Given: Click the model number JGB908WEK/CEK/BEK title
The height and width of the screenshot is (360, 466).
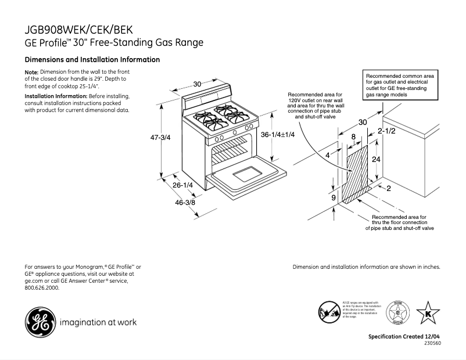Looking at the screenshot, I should coord(82,30).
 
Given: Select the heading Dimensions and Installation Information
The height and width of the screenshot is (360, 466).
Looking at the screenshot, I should coord(92,60).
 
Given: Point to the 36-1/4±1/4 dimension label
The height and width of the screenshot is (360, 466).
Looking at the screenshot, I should coord(278,135).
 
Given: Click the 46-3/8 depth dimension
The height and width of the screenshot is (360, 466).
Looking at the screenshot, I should coord(186,203).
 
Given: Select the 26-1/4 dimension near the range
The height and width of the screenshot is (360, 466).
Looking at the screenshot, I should coord(183,185).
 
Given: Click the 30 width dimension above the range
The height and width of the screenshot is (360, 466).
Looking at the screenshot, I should coord(197,84).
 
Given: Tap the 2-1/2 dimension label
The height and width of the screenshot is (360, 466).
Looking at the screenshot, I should coord(386,131).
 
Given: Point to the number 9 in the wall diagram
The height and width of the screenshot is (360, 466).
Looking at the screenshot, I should coord(334,198).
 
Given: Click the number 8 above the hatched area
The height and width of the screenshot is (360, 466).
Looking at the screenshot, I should coord(353,136).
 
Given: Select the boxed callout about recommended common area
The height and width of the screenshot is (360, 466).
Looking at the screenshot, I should coord(402,85).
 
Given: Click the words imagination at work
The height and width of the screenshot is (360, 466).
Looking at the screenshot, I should coord(98,322).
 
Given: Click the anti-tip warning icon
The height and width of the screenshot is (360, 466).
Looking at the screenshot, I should coord(328,312).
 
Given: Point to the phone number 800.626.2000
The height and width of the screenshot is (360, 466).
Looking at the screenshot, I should coord(42,288).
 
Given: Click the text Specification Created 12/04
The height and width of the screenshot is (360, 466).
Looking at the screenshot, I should coord(404,337).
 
